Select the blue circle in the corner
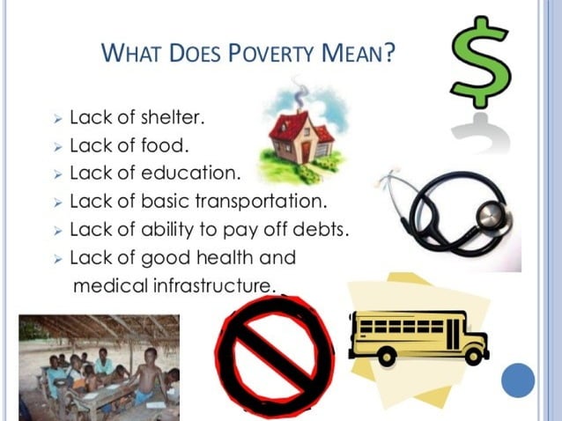(x=518, y=380)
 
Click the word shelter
(x=180, y=116)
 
